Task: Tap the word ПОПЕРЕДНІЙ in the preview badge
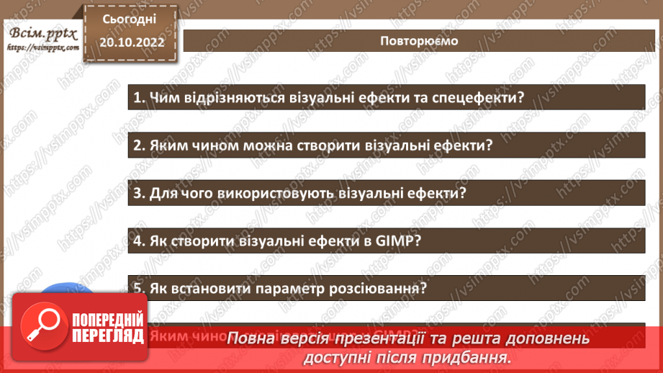click(x=109, y=320)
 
